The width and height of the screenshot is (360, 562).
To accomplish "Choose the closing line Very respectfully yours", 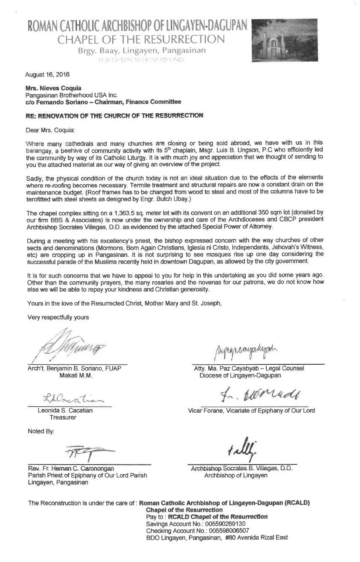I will pyautogui.click(x=58, y=317).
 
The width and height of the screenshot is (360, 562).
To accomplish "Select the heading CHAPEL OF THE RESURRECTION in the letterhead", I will pyautogui.click(x=141, y=40).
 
